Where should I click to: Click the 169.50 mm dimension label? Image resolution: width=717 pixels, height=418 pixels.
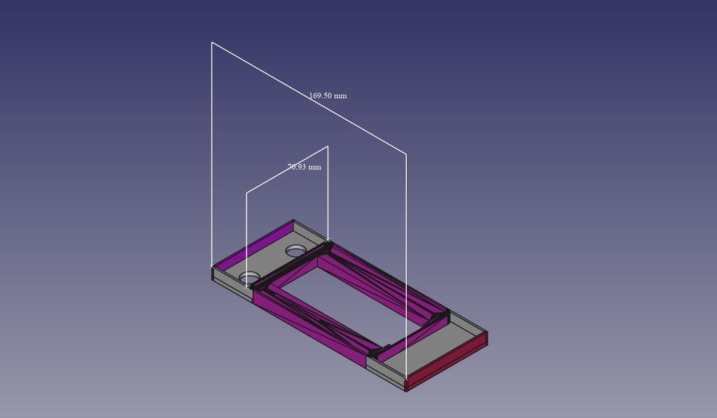coord(328,95)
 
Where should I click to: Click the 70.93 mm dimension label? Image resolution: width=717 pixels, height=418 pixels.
coord(305,167)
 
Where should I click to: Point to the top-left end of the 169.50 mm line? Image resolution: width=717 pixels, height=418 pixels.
coord(212,43)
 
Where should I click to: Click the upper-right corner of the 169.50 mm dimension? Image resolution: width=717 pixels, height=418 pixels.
coord(407,152)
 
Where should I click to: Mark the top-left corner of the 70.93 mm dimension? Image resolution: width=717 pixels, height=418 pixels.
coord(246,193)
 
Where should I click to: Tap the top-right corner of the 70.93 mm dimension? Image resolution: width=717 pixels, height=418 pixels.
coord(328,146)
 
